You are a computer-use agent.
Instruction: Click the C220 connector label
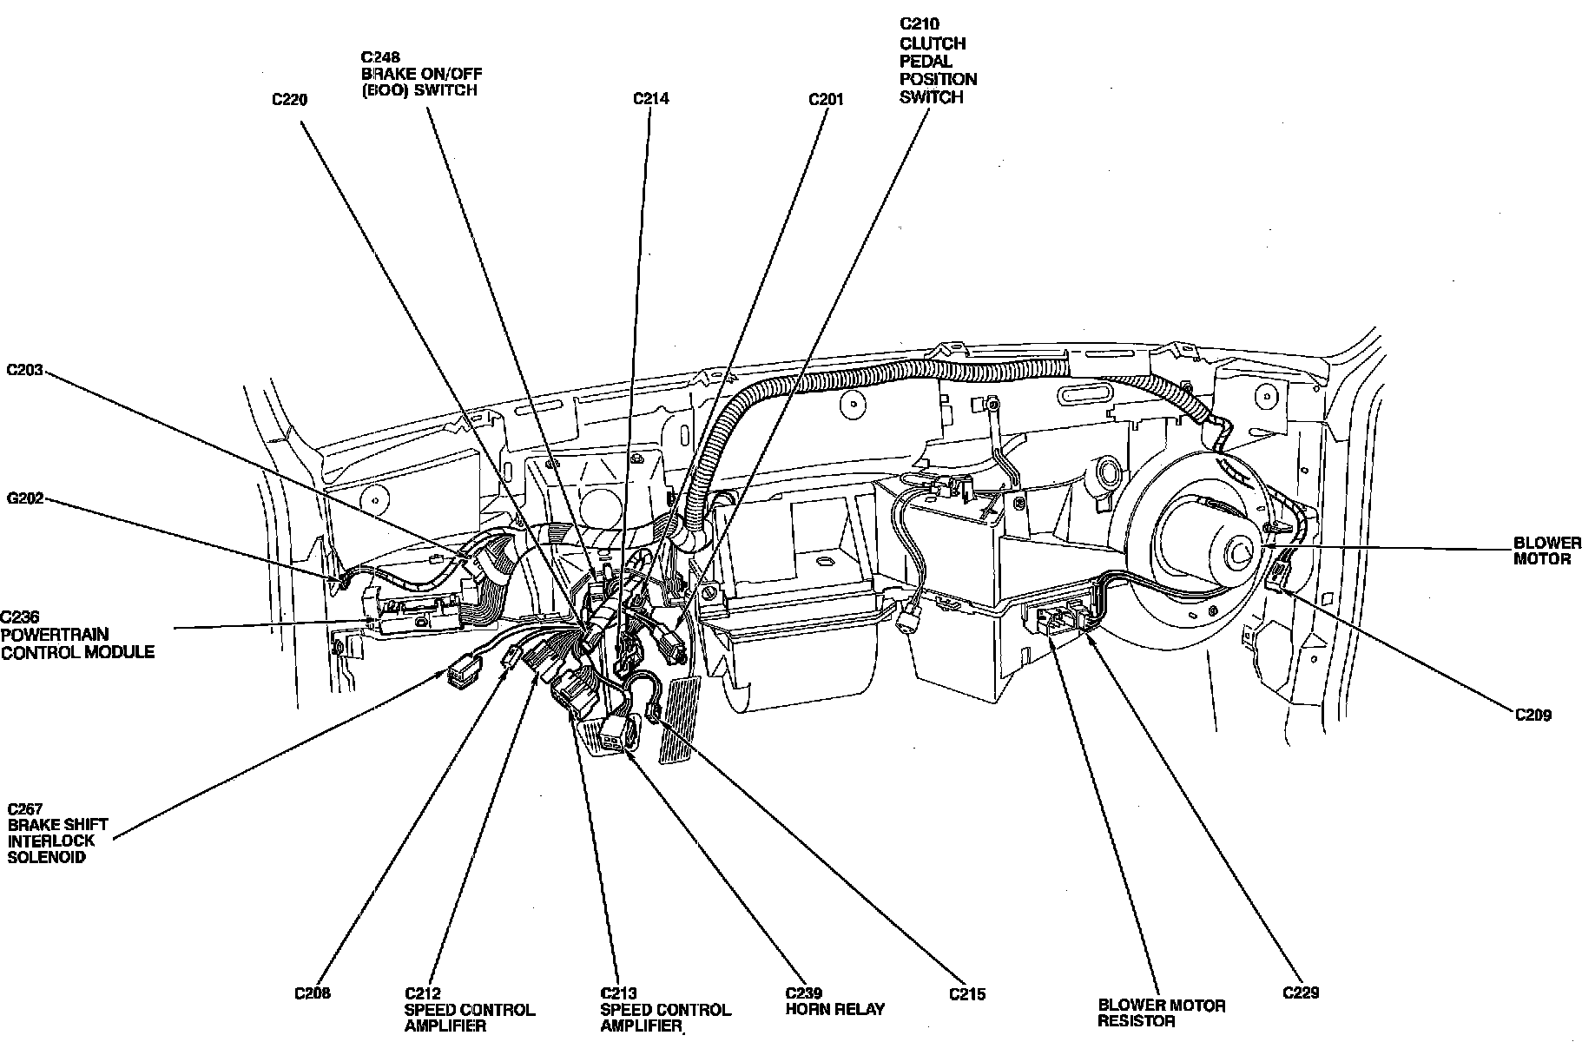click(x=289, y=100)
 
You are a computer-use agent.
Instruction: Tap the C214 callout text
click(x=650, y=99)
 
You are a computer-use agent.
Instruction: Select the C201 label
click(x=826, y=99)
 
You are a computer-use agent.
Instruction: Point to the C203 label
click(x=24, y=370)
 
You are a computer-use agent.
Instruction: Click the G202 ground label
click(x=24, y=499)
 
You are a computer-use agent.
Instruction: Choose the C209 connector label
click(x=1533, y=716)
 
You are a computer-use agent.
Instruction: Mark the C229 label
click(x=1301, y=992)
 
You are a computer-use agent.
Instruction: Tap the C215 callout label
click(x=967, y=994)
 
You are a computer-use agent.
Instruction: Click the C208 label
click(x=313, y=993)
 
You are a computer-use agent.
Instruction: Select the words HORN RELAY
click(x=834, y=1009)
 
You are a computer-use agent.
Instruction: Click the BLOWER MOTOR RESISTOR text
click(x=1162, y=1013)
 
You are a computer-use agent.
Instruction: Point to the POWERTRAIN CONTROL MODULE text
click(x=77, y=643)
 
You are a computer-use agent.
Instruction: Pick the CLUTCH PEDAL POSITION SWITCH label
click(x=938, y=70)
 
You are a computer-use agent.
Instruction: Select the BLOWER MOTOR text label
click(x=1547, y=551)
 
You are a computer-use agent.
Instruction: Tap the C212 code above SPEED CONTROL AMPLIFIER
click(x=423, y=993)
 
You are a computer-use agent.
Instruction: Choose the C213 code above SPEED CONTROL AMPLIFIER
click(x=618, y=993)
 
